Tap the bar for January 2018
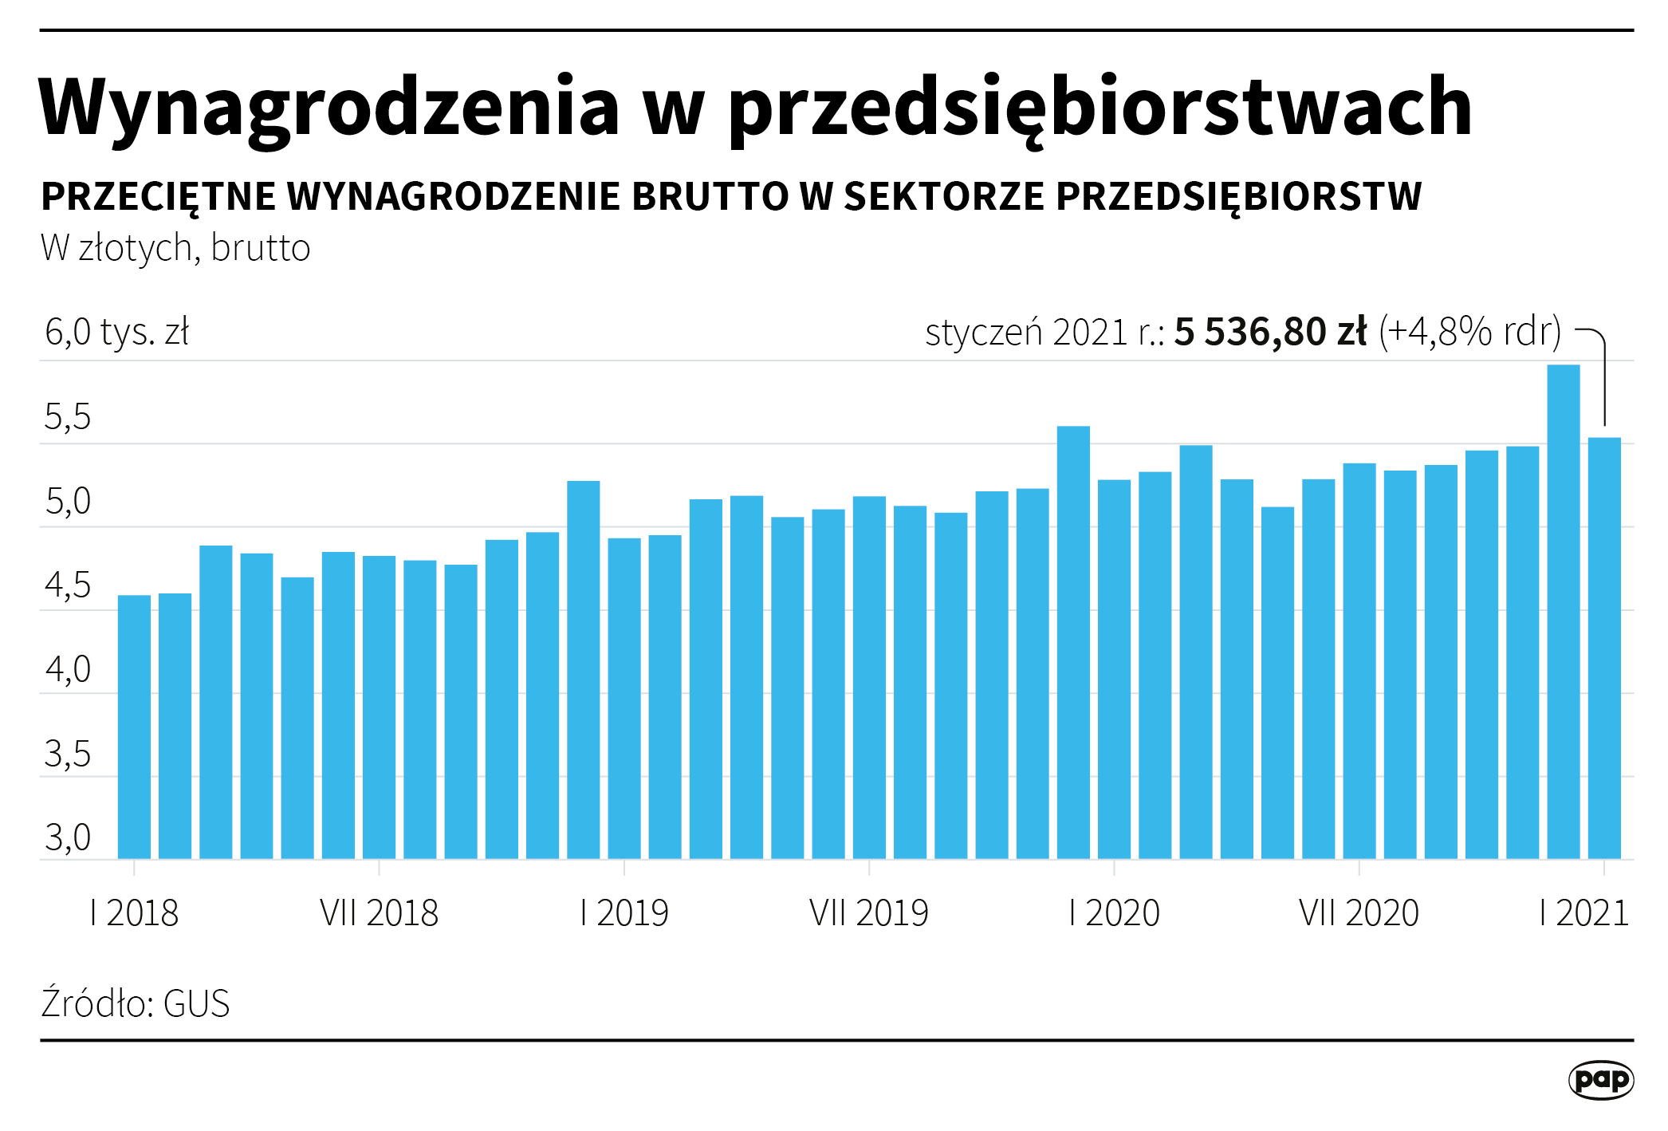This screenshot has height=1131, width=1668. point(134,727)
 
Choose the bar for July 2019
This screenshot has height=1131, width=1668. point(869,677)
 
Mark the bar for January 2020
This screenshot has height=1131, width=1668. point(1114,669)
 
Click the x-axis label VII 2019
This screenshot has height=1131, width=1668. point(869,913)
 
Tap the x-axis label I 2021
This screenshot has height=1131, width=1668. point(1583,913)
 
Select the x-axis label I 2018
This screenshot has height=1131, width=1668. point(134,913)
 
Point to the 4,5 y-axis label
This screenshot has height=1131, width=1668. point(68,586)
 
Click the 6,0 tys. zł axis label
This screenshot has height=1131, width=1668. point(116,332)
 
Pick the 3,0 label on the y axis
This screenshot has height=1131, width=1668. point(68,838)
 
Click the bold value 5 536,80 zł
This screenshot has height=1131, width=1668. point(1270,332)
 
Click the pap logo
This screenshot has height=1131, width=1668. point(1600,1080)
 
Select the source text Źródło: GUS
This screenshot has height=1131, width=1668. point(136,1003)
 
